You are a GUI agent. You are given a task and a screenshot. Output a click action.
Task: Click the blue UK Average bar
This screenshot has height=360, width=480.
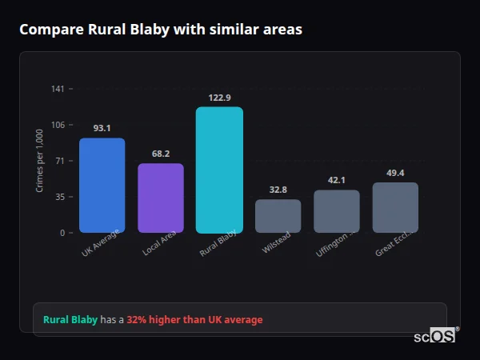point(102,185)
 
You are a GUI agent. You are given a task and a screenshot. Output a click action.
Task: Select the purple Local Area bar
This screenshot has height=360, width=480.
point(161,198)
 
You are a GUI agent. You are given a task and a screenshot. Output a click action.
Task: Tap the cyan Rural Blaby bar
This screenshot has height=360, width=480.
point(219,170)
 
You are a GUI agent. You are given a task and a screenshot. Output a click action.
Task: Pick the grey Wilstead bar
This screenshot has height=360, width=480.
point(278,216)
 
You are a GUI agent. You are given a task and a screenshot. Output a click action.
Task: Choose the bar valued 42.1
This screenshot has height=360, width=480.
point(337,211)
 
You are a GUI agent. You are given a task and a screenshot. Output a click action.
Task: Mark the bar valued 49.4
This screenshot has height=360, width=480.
point(395,207)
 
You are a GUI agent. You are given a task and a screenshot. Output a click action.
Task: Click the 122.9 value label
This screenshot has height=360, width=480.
point(219,98)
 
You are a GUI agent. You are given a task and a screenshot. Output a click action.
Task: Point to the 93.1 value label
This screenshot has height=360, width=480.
point(102,128)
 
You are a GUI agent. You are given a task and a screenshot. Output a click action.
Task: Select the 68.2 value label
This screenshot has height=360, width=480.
point(161,154)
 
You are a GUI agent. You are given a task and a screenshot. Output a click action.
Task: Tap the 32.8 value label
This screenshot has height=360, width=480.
point(278,190)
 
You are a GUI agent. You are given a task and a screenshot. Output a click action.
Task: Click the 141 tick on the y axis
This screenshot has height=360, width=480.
point(58,89)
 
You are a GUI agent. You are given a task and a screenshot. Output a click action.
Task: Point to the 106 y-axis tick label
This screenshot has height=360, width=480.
point(58,125)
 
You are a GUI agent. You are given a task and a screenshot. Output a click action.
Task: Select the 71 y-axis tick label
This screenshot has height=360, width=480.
point(60,161)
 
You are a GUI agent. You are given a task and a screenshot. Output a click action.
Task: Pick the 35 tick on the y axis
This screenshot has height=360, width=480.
point(60,197)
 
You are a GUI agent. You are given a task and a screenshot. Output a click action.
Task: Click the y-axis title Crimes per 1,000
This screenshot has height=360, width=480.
point(39,161)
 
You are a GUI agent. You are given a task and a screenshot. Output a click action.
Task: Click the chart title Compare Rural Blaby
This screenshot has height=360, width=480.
point(161,30)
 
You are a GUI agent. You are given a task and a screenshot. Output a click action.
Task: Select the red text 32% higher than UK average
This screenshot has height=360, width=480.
point(194,320)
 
